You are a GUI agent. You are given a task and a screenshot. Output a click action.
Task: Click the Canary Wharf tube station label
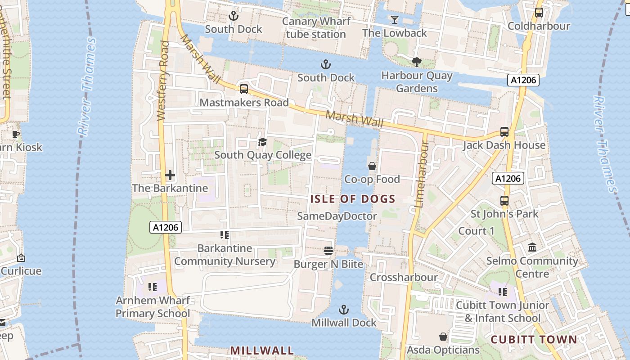tap(316, 27)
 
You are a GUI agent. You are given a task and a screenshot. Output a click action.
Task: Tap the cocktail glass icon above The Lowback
tap(395, 19)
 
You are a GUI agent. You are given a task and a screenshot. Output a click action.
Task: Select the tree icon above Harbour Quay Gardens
tap(417, 62)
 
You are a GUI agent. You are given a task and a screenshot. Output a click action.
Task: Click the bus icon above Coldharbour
tap(539, 13)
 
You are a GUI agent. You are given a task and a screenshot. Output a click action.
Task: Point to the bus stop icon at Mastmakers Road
tap(244, 89)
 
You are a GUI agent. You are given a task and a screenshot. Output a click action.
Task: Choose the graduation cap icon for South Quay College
tap(262, 142)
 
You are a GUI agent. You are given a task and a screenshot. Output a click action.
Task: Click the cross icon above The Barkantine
tap(170, 175)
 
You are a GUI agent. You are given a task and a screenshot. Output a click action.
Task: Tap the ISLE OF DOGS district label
tap(353, 199)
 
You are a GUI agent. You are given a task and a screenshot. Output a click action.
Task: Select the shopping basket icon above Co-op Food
tap(372, 166)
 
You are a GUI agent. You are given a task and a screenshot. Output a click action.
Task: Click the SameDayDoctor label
tap(337, 216)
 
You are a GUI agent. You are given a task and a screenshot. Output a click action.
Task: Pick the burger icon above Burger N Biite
tap(328, 250)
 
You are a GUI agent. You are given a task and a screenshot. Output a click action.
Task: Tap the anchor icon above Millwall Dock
tap(344, 310)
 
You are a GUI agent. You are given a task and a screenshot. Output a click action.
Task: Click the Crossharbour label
tap(404, 277)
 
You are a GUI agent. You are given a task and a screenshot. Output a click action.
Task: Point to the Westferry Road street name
tap(163, 81)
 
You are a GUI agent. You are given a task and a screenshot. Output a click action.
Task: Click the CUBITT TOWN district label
tap(534, 339)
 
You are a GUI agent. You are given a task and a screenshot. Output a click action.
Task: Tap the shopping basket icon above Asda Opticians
tap(443, 337)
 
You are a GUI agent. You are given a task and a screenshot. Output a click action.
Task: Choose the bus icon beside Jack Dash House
tap(504, 132)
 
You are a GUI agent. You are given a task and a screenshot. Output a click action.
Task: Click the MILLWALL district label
tap(262, 350)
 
